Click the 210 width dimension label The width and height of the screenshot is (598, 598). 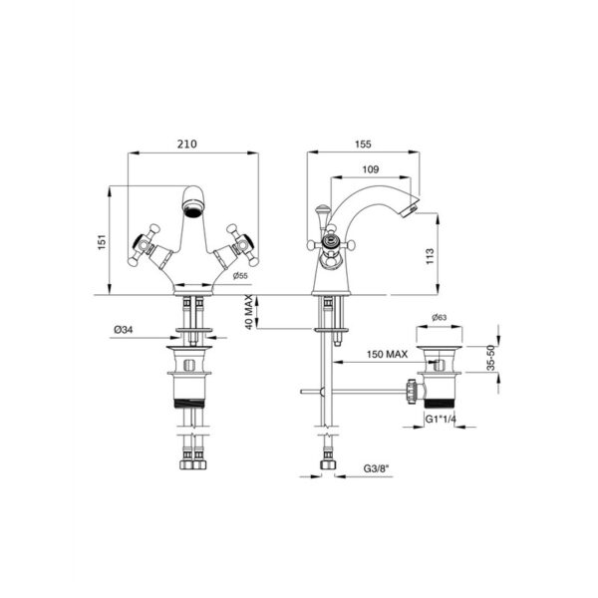coord(187,144)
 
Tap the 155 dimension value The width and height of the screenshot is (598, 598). coord(363,144)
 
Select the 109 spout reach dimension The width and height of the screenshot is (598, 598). coord(371,169)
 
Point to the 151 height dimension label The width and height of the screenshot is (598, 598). coord(102,242)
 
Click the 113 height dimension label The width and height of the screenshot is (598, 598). coord(430,256)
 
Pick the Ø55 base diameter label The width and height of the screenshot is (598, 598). coord(240,276)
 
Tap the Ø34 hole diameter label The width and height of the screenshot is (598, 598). coord(124,330)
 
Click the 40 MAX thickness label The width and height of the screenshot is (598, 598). coord(248,312)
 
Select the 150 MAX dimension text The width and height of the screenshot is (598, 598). coord(387,354)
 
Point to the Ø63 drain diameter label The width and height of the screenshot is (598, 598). coord(439,317)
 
